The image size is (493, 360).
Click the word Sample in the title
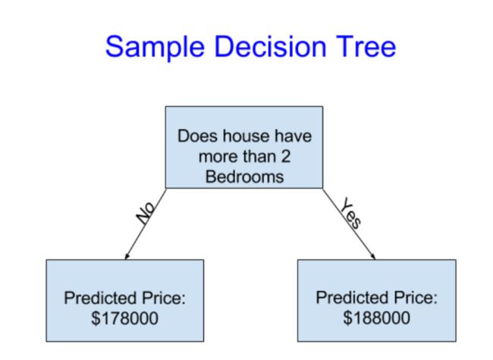155,47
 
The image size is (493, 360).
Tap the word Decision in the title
270,46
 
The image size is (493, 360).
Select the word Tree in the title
366,46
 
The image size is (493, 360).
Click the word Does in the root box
197,136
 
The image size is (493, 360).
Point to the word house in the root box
246,136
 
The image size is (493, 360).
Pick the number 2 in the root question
285,156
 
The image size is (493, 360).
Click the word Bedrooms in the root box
244,177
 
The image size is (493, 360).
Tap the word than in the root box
259,156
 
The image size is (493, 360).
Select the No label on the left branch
146,213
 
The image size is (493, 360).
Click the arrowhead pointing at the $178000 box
127,256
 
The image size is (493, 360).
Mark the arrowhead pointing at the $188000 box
373,256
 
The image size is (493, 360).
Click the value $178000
125,318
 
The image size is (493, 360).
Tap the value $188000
376,318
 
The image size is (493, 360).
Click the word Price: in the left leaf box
164,298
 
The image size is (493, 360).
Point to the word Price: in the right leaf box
416,297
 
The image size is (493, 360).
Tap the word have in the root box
293,136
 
